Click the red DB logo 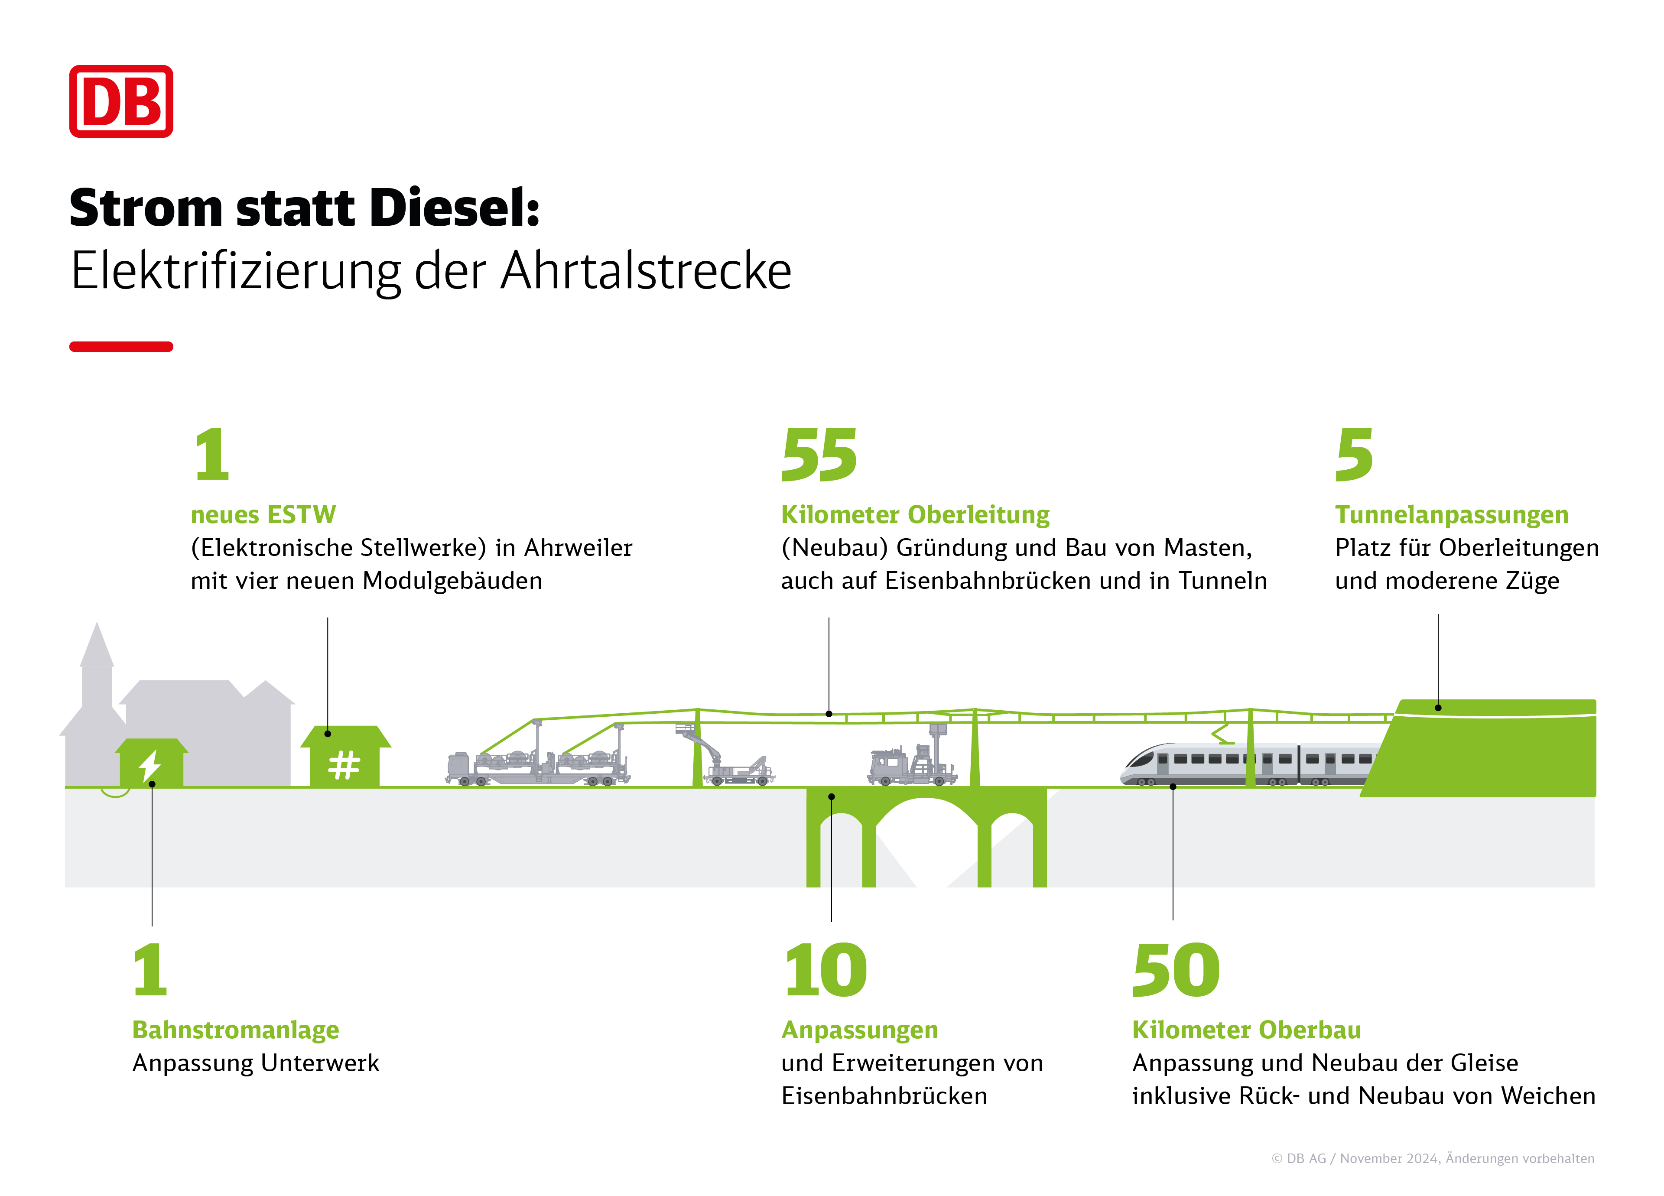121,101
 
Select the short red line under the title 121,346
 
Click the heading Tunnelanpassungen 1451,515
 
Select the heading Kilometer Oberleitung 915,515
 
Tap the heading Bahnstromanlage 235,1030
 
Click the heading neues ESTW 263,515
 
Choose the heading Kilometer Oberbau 1247,1030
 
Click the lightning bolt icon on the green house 150,765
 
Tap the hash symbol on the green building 344,765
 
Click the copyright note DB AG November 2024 1433,1159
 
